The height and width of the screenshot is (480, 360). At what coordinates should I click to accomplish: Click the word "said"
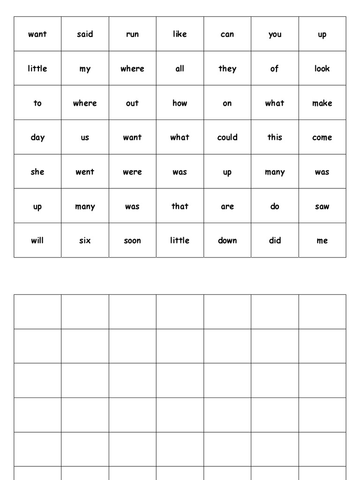[85, 34]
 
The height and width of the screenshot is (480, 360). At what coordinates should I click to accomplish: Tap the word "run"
[132, 35]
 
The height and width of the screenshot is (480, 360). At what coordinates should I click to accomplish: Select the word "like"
[180, 34]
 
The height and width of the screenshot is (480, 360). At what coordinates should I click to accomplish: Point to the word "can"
[227, 35]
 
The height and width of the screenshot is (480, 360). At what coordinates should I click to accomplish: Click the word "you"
[275, 35]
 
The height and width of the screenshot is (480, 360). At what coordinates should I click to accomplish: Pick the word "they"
[227, 69]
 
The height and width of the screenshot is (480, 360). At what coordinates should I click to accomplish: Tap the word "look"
[322, 69]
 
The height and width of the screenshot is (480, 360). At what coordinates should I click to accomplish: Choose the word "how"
[180, 103]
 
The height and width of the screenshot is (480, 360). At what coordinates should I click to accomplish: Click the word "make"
[322, 103]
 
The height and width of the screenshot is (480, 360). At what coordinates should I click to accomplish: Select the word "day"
[37, 138]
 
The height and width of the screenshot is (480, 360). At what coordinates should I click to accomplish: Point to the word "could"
[227, 137]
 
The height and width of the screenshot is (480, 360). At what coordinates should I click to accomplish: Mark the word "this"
[275, 137]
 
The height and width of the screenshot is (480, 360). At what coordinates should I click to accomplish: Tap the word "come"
[322, 138]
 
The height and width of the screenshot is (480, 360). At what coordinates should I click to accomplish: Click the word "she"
[37, 172]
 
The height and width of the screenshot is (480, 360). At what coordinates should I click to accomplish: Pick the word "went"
[85, 172]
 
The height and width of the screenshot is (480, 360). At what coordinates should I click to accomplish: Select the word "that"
[180, 206]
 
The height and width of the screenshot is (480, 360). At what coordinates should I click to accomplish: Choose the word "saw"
[322, 207]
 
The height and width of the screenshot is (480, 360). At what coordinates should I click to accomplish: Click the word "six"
[85, 240]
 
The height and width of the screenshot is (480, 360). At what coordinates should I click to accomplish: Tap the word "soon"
[132, 241]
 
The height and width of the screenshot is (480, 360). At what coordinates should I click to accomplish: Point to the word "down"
[227, 240]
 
